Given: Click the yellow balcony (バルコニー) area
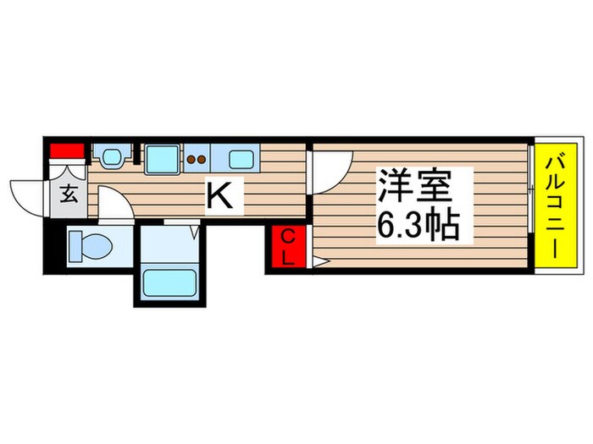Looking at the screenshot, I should coord(555,205).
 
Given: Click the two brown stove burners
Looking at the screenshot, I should coord(197,157).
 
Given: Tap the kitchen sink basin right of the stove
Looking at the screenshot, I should coord(241,157).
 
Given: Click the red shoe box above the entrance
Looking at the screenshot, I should coord(68,152).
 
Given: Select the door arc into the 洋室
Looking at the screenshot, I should coord(328,169).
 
